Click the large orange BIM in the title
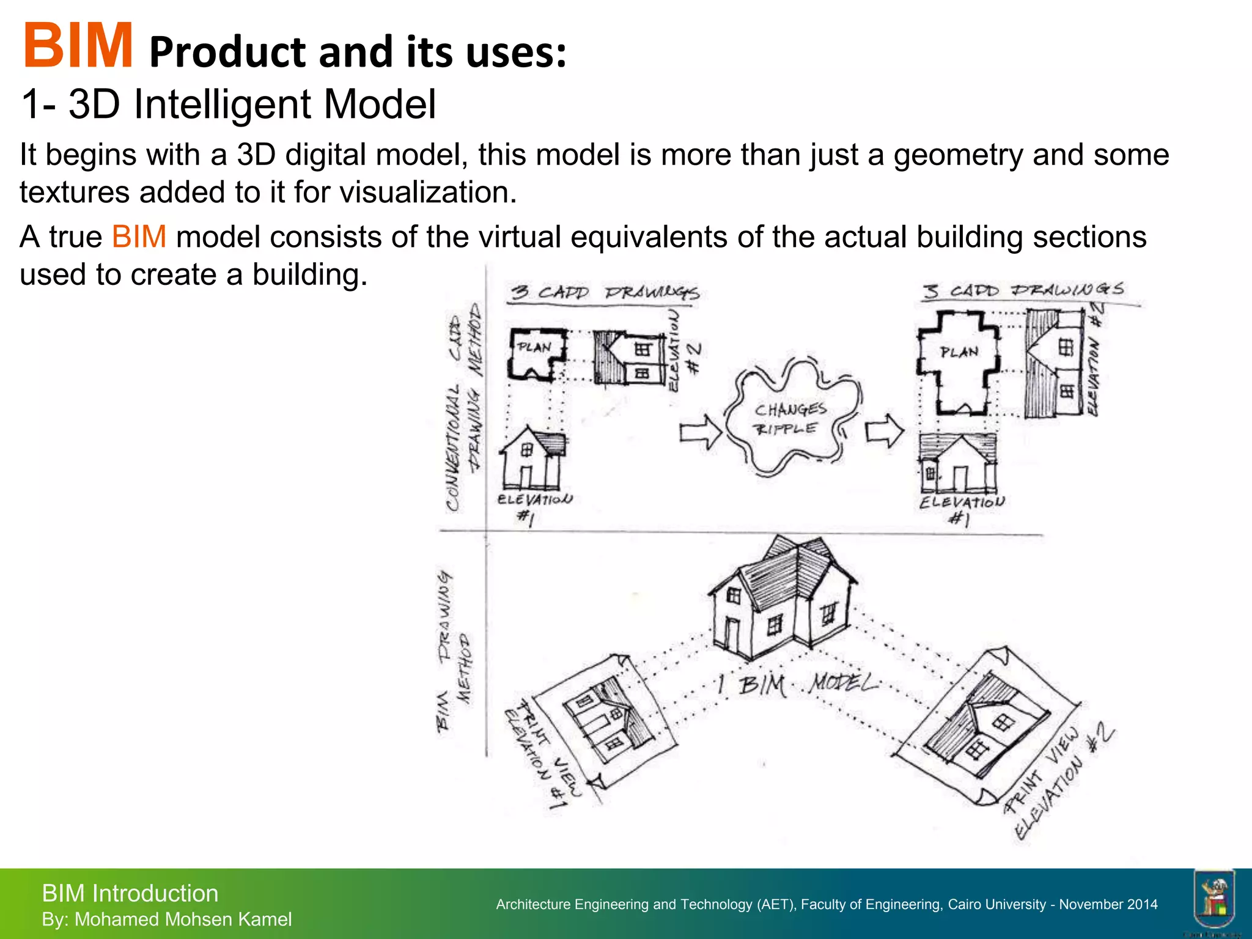[78, 46]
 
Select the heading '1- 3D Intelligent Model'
[229, 104]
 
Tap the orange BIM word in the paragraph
[139, 237]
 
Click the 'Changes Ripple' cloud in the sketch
[791, 418]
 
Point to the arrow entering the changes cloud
[701, 432]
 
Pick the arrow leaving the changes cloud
[885, 431]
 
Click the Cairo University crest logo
[1213, 899]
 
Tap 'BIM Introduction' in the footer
[130, 893]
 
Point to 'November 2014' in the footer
[1108, 904]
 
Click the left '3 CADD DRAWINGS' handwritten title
[605, 292]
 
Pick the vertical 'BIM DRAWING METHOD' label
[453, 650]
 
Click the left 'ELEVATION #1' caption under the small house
[534, 507]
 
